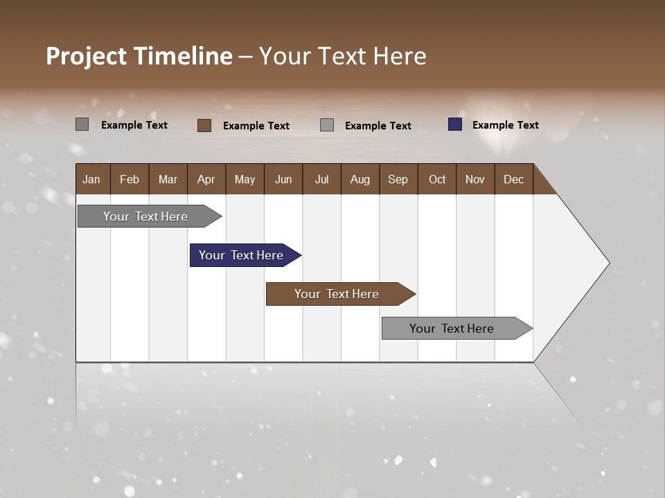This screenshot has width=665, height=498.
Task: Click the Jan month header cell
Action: (92, 179)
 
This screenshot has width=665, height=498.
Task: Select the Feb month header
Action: (130, 179)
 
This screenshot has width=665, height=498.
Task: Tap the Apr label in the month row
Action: (206, 179)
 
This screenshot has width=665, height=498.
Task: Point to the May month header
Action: (245, 179)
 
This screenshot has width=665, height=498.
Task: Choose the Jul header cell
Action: (321, 179)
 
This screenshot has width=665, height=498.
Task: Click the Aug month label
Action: (360, 179)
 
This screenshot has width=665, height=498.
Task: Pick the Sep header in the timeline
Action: (398, 179)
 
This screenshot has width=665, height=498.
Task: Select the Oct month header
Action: (437, 179)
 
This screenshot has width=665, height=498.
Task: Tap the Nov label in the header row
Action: (475, 179)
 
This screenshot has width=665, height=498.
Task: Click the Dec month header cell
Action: (514, 179)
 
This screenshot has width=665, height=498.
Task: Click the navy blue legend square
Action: (455, 124)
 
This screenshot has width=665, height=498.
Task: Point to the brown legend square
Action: (204, 125)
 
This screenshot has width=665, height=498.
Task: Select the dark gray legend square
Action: (82, 124)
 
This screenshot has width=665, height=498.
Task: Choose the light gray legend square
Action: (327, 125)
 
